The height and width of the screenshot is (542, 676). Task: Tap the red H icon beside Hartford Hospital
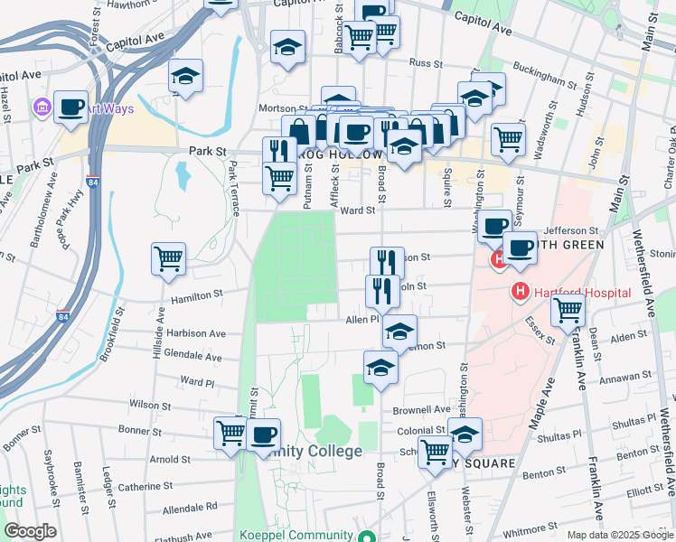tap(520, 292)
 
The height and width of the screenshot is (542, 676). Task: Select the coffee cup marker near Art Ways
tap(70, 107)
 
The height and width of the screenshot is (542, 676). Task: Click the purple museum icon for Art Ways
tap(42, 109)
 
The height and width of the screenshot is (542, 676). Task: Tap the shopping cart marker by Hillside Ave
tap(169, 259)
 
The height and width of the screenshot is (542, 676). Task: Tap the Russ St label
tap(423, 63)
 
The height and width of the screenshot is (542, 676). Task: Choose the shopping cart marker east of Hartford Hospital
tap(568, 310)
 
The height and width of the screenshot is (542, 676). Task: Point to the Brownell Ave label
tap(420, 408)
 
